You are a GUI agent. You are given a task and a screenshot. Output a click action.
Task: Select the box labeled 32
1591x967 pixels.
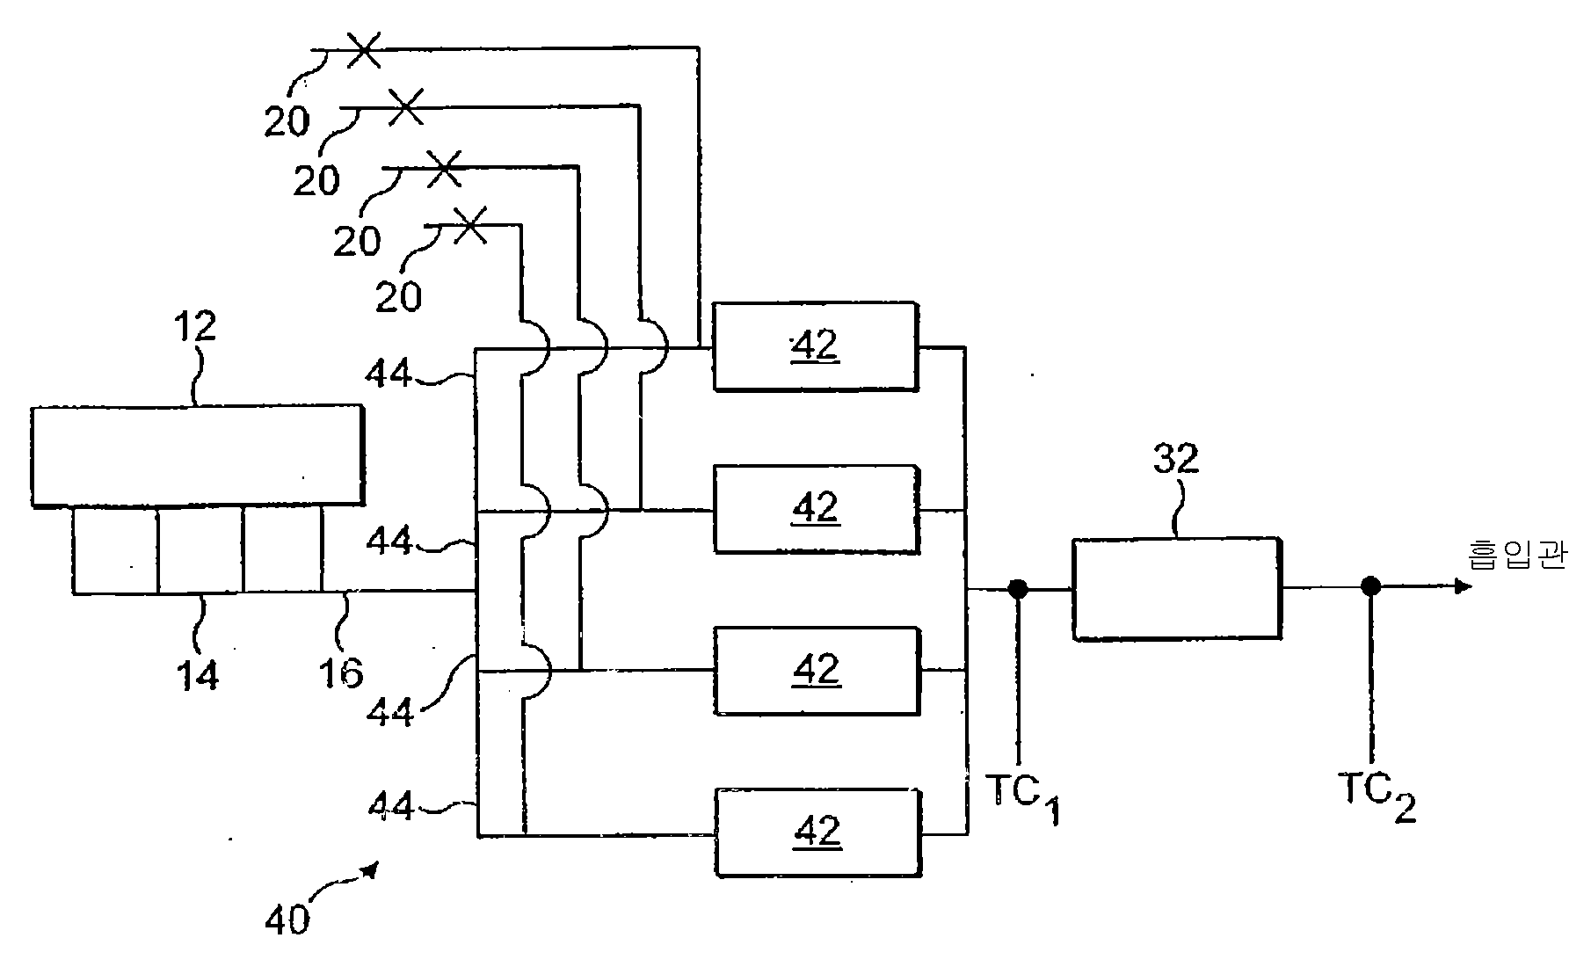(1176, 587)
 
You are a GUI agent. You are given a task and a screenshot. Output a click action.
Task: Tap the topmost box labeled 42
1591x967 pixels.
(815, 346)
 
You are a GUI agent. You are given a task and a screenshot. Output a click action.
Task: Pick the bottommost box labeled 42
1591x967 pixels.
(818, 832)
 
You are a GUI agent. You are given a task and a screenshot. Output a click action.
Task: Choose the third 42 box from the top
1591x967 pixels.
(817, 670)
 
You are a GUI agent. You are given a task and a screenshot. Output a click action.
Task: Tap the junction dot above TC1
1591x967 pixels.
(1018, 589)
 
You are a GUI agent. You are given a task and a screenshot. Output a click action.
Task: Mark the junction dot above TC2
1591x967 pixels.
(1369, 585)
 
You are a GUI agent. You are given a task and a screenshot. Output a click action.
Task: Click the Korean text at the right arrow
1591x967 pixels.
(1517, 556)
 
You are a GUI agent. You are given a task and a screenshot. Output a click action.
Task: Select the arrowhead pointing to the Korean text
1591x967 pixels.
(1463, 585)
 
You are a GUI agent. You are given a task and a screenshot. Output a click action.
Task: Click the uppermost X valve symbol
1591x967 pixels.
(362, 50)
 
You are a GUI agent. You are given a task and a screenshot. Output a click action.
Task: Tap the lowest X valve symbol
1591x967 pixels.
(469, 225)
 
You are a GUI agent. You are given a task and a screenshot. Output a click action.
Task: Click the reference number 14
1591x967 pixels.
(199, 674)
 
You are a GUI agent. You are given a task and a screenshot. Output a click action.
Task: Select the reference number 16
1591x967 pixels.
(340, 673)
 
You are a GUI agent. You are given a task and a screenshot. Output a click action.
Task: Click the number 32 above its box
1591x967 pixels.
(1175, 459)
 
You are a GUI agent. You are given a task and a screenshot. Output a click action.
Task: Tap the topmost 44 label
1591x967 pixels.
(389, 374)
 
